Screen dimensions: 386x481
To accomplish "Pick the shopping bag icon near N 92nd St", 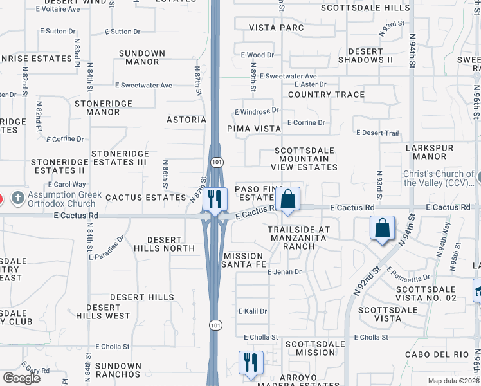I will [383, 228].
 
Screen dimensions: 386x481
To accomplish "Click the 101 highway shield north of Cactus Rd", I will [213, 159].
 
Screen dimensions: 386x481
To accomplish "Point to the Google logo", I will [21, 378].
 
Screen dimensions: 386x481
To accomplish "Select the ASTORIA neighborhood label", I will [186, 120].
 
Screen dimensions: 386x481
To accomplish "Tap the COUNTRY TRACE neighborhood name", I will [326, 95].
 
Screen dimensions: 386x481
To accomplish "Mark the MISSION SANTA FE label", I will [244, 260].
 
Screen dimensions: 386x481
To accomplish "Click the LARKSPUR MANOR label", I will [430, 152].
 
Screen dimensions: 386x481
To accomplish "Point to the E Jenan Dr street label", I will [284, 272].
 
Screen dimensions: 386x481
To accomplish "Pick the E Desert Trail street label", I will [377, 133].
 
